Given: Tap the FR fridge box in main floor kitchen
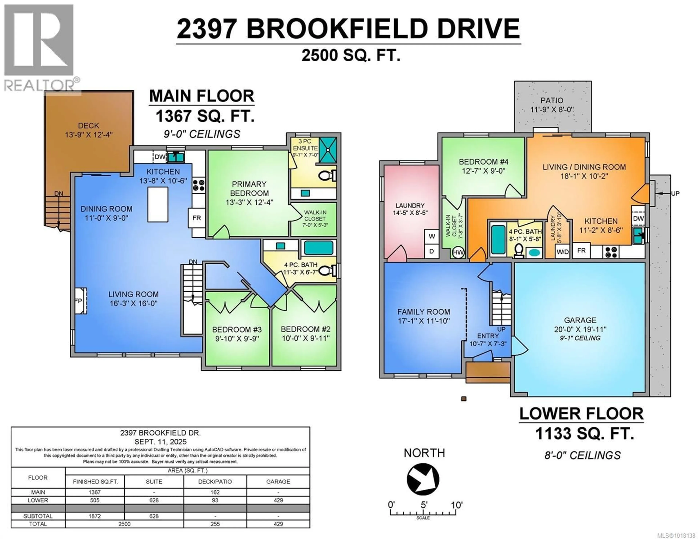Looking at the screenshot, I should pyautogui.click(x=196, y=218).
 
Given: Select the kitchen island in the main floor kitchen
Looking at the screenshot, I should pyautogui.click(x=158, y=205).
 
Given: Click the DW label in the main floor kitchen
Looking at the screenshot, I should pyautogui.click(x=160, y=157).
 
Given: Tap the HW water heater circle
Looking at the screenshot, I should pyautogui.click(x=458, y=252).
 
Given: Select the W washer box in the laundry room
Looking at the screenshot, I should pyautogui.click(x=432, y=236).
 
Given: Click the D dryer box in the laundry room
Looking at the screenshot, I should pyautogui.click(x=432, y=251).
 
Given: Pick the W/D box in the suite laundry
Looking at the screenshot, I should pyautogui.click(x=563, y=252).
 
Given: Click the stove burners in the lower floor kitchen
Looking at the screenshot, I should pyautogui.click(x=611, y=252).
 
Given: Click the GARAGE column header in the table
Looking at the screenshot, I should pyautogui.click(x=278, y=481).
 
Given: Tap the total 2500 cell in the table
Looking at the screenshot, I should pyautogui.click(x=124, y=524).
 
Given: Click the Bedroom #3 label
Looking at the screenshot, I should pyautogui.click(x=237, y=329).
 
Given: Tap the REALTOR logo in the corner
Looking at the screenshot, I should pyautogui.click(x=40, y=48).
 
